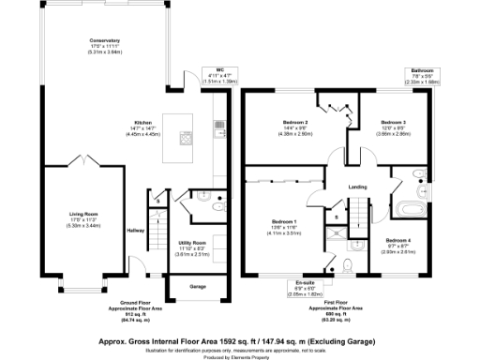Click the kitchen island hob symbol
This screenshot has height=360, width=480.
click(x=187, y=142)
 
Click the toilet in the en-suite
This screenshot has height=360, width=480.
click(x=348, y=266)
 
